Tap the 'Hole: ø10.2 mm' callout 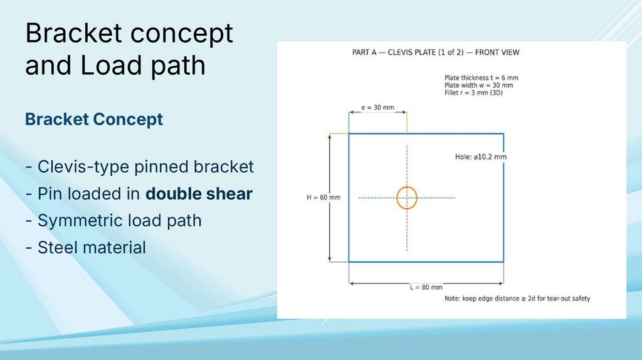click(481, 157)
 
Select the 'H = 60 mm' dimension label click(324, 198)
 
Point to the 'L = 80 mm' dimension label click(426, 287)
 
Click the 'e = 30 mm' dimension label click(377, 107)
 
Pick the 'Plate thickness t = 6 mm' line click(481, 77)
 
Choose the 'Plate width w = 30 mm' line click(478, 85)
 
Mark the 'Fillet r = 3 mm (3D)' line click(474, 93)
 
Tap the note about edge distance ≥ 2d click(517, 299)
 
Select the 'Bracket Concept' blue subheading click(94, 119)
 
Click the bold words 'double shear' click(199, 194)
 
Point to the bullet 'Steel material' click(85, 247)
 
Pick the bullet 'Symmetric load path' click(113, 220)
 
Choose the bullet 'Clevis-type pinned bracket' click(140, 167)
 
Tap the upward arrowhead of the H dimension click(330, 136)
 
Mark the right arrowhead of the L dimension click(500, 283)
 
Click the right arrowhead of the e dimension click(404, 112)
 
